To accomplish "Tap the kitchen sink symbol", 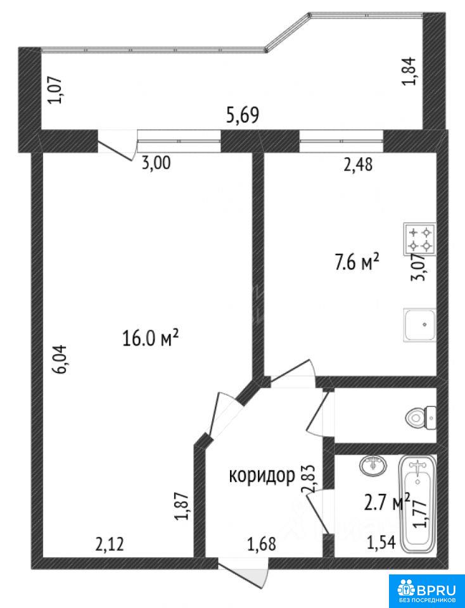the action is click(419, 324).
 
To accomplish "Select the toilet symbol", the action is click(421, 417).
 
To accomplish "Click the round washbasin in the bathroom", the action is click(373, 465).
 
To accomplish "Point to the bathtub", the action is click(417, 503).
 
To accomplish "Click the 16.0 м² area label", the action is click(151, 338).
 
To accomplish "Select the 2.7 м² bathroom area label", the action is click(387, 503).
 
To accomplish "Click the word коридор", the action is click(262, 475).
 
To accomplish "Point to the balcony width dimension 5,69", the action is click(243, 115).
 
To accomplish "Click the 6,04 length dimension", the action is click(62, 359).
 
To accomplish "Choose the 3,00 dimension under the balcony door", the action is click(155, 163).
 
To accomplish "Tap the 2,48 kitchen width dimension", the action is click(358, 165).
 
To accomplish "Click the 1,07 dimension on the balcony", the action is click(54, 91).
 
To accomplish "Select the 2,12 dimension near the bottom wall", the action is click(110, 545).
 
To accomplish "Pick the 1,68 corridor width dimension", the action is click(262, 544).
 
